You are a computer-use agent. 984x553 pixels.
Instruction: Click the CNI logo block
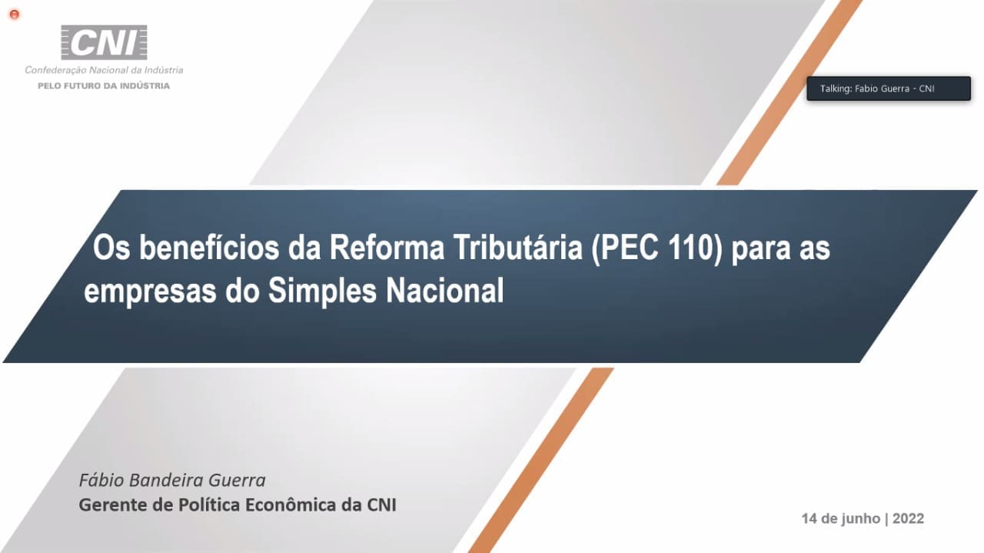click(x=104, y=42)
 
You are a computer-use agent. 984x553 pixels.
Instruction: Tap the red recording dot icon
click(x=14, y=15)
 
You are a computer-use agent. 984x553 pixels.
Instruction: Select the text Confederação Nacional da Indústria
click(x=104, y=70)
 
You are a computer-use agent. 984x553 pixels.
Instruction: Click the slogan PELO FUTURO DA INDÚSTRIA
click(x=104, y=86)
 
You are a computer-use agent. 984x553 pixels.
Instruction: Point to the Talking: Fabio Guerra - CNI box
click(x=888, y=88)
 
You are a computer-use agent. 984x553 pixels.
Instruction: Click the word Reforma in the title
click(x=387, y=248)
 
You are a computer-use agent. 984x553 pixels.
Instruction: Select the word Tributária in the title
click(x=518, y=248)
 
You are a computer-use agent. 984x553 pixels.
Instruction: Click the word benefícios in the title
click(x=209, y=248)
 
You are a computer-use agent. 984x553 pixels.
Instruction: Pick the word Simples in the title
click(x=322, y=291)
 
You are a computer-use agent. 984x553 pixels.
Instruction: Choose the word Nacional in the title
click(x=445, y=290)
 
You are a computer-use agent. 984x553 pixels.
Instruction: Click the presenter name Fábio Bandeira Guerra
click(x=172, y=480)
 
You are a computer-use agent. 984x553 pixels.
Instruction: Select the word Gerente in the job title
click(x=113, y=505)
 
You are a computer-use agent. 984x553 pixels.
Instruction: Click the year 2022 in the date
click(x=908, y=518)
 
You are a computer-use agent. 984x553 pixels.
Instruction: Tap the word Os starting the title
click(x=111, y=248)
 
